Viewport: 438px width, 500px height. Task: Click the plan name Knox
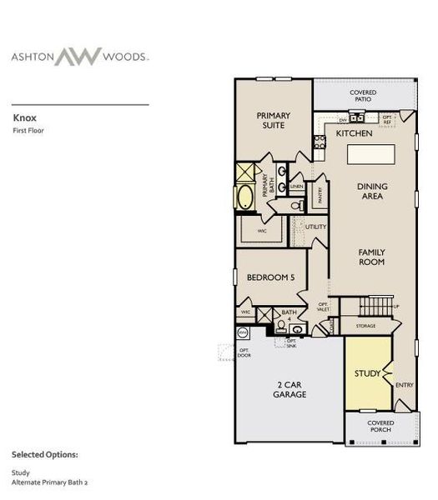point(23,118)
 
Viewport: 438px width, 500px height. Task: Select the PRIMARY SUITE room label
point(271,120)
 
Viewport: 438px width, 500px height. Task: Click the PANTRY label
point(321,194)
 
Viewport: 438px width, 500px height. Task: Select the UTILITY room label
point(315,226)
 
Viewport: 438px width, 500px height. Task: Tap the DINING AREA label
point(370,192)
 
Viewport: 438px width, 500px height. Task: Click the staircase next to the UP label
point(380,304)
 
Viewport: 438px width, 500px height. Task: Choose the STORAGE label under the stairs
point(365,326)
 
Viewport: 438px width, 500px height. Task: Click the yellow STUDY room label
point(367,372)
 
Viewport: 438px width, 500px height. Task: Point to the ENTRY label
point(404,384)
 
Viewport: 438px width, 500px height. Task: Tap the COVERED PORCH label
point(381,427)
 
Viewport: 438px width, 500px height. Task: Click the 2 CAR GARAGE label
point(289,389)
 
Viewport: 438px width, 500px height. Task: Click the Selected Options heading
point(45,455)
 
